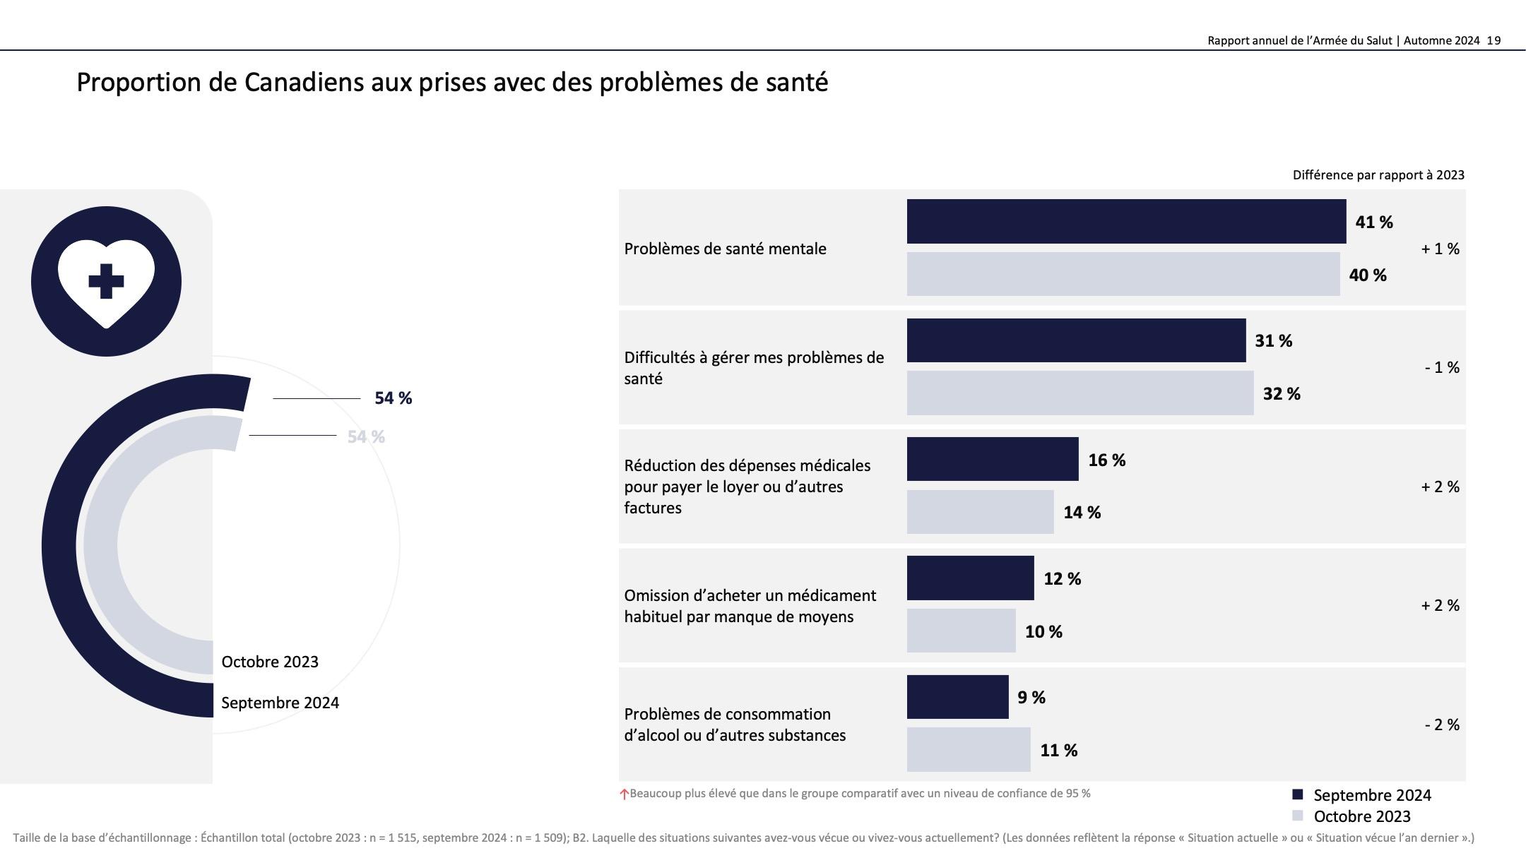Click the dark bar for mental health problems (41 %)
click(1126, 221)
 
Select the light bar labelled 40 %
click(1123, 274)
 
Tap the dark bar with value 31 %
click(1076, 340)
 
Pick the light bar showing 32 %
click(1080, 393)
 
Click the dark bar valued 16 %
click(993, 459)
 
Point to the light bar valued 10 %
click(961, 631)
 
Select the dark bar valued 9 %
click(957, 697)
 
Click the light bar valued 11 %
click(969, 749)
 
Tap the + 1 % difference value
click(1440, 249)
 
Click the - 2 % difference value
click(1441, 725)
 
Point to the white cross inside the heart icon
click(106, 282)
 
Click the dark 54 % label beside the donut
click(393, 398)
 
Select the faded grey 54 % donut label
click(366, 437)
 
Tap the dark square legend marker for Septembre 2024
click(1297, 794)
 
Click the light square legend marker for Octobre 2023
click(1297, 816)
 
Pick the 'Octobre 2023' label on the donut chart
click(270, 662)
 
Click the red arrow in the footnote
click(624, 794)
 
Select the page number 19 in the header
click(1494, 40)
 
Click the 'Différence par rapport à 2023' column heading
click(1378, 174)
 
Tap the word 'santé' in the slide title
click(797, 83)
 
